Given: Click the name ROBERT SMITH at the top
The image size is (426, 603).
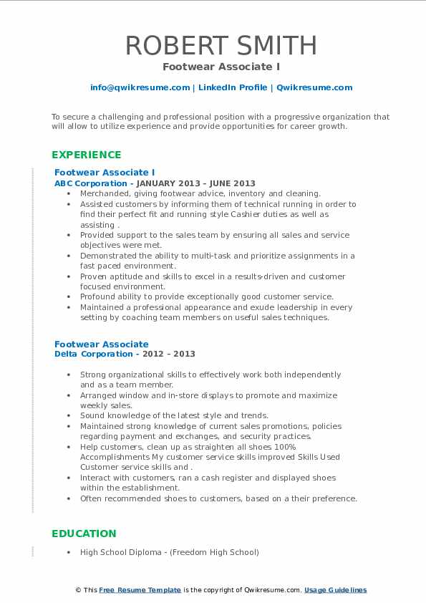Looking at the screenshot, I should (x=221, y=45).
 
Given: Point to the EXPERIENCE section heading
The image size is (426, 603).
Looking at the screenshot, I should (x=87, y=155).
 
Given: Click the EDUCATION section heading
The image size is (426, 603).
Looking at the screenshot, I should (x=84, y=534).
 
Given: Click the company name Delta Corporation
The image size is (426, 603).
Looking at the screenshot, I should (x=93, y=354).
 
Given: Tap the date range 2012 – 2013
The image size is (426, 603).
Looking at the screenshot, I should (x=172, y=354).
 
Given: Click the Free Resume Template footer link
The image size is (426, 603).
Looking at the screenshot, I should (x=140, y=590).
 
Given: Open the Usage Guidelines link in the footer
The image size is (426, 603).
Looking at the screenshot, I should (x=335, y=590).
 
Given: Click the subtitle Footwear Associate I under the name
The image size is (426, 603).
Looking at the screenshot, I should (x=221, y=67).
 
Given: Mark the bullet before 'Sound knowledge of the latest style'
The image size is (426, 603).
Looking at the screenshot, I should (x=69, y=416).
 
